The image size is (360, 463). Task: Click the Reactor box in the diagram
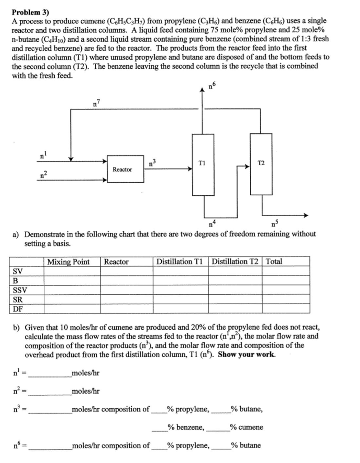click(x=122, y=170)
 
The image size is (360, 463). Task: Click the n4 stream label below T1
click(x=211, y=223)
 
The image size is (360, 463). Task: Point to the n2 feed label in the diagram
click(x=43, y=174)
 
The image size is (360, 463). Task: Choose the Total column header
click(x=275, y=262)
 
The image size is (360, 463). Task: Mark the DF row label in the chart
click(x=18, y=309)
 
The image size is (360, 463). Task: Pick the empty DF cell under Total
click(x=287, y=309)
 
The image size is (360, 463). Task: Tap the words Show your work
click(x=246, y=354)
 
